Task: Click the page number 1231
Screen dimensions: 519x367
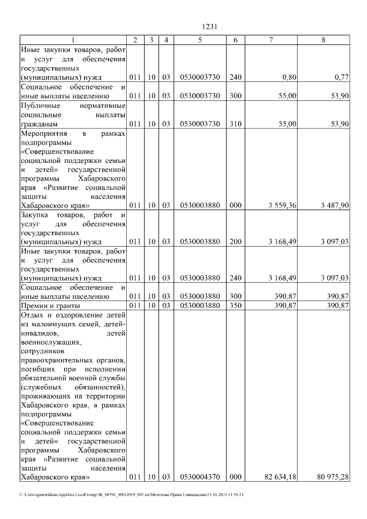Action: click(x=208, y=26)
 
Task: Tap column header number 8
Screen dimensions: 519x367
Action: click(x=324, y=40)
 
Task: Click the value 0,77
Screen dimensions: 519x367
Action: click(x=341, y=76)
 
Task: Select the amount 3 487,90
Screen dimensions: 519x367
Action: click(x=333, y=205)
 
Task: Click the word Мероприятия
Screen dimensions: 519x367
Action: click(x=44, y=134)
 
